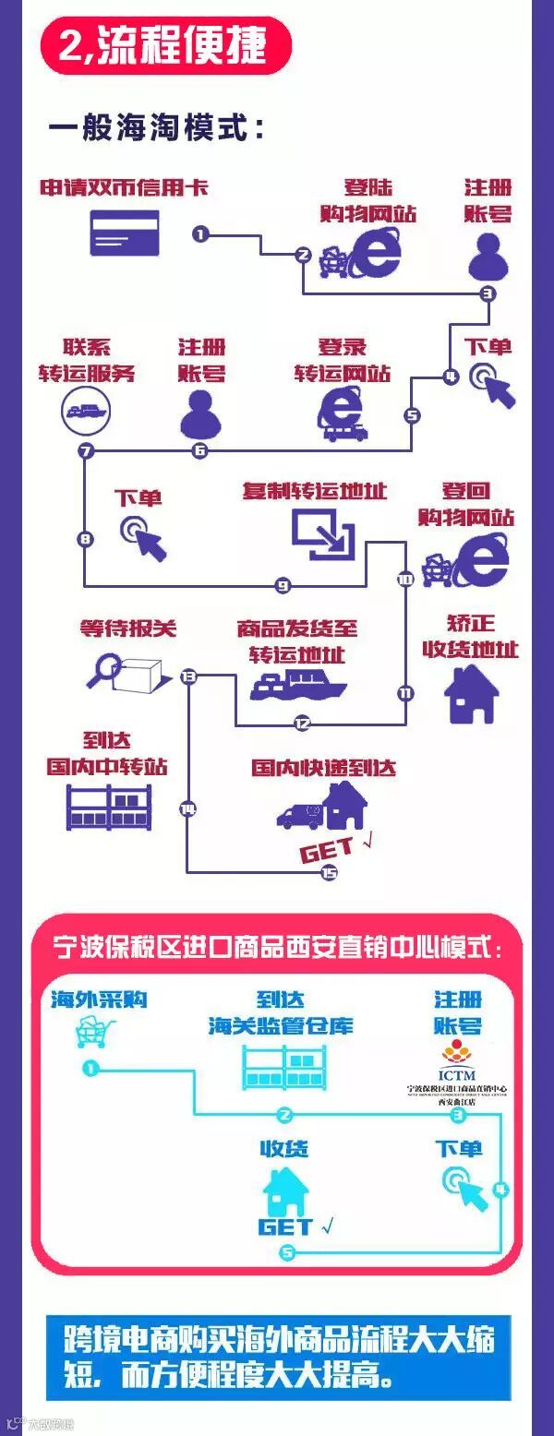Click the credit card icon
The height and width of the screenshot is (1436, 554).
(x=125, y=233)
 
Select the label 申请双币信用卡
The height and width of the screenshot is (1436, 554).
(x=124, y=188)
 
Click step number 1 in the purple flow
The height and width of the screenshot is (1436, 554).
(x=200, y=233)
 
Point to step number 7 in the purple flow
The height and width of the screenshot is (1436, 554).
(x=86, y=451)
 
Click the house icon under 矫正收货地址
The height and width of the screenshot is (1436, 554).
(x=471, y=694)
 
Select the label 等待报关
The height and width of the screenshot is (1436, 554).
(x=127, y=629)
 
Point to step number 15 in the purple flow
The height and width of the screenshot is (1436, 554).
(x=328, y=872)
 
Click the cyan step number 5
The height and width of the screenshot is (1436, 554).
(x=287, y=1252)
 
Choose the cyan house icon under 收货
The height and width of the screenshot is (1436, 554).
(x=285, y=1192)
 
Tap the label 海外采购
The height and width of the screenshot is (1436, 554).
(x=98, y=999)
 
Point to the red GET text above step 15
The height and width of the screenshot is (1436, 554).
(x=327, y=849)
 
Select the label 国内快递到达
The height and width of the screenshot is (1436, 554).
(x=323, y=768)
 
